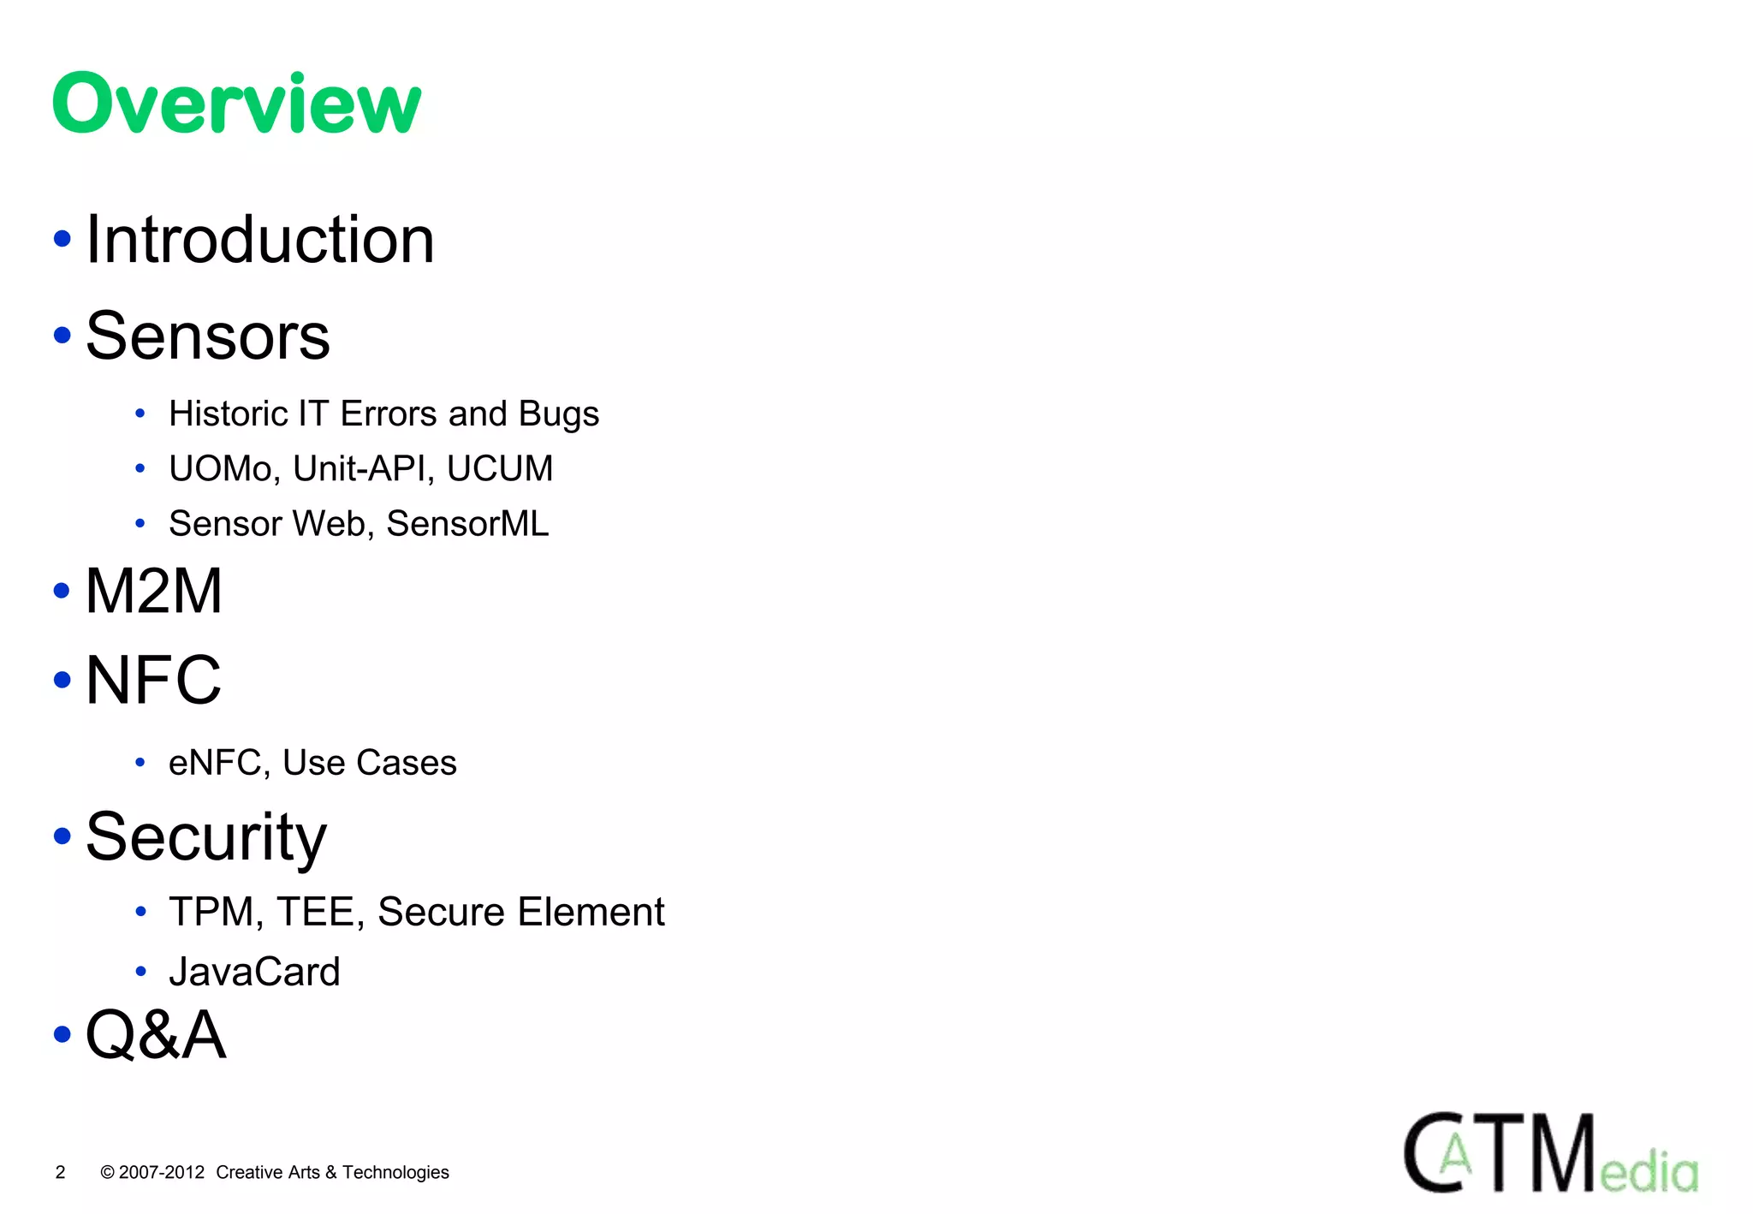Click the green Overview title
tap(236, 104)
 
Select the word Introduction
tap(260, 240)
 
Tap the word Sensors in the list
tap(208, 336)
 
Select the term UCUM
tap(500, 469)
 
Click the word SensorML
tap(467, 524)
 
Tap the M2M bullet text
tap(154, 591)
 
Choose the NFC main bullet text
tap(154, 680)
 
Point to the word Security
tap(206, 837)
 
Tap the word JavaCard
tap(254, 972)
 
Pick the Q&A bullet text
tap(156, 1035)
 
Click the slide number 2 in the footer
tap(60, 1172)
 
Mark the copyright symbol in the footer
tap(108, 1172)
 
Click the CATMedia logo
tap(1550, 1152)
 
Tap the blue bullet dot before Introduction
tap(62, 239)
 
